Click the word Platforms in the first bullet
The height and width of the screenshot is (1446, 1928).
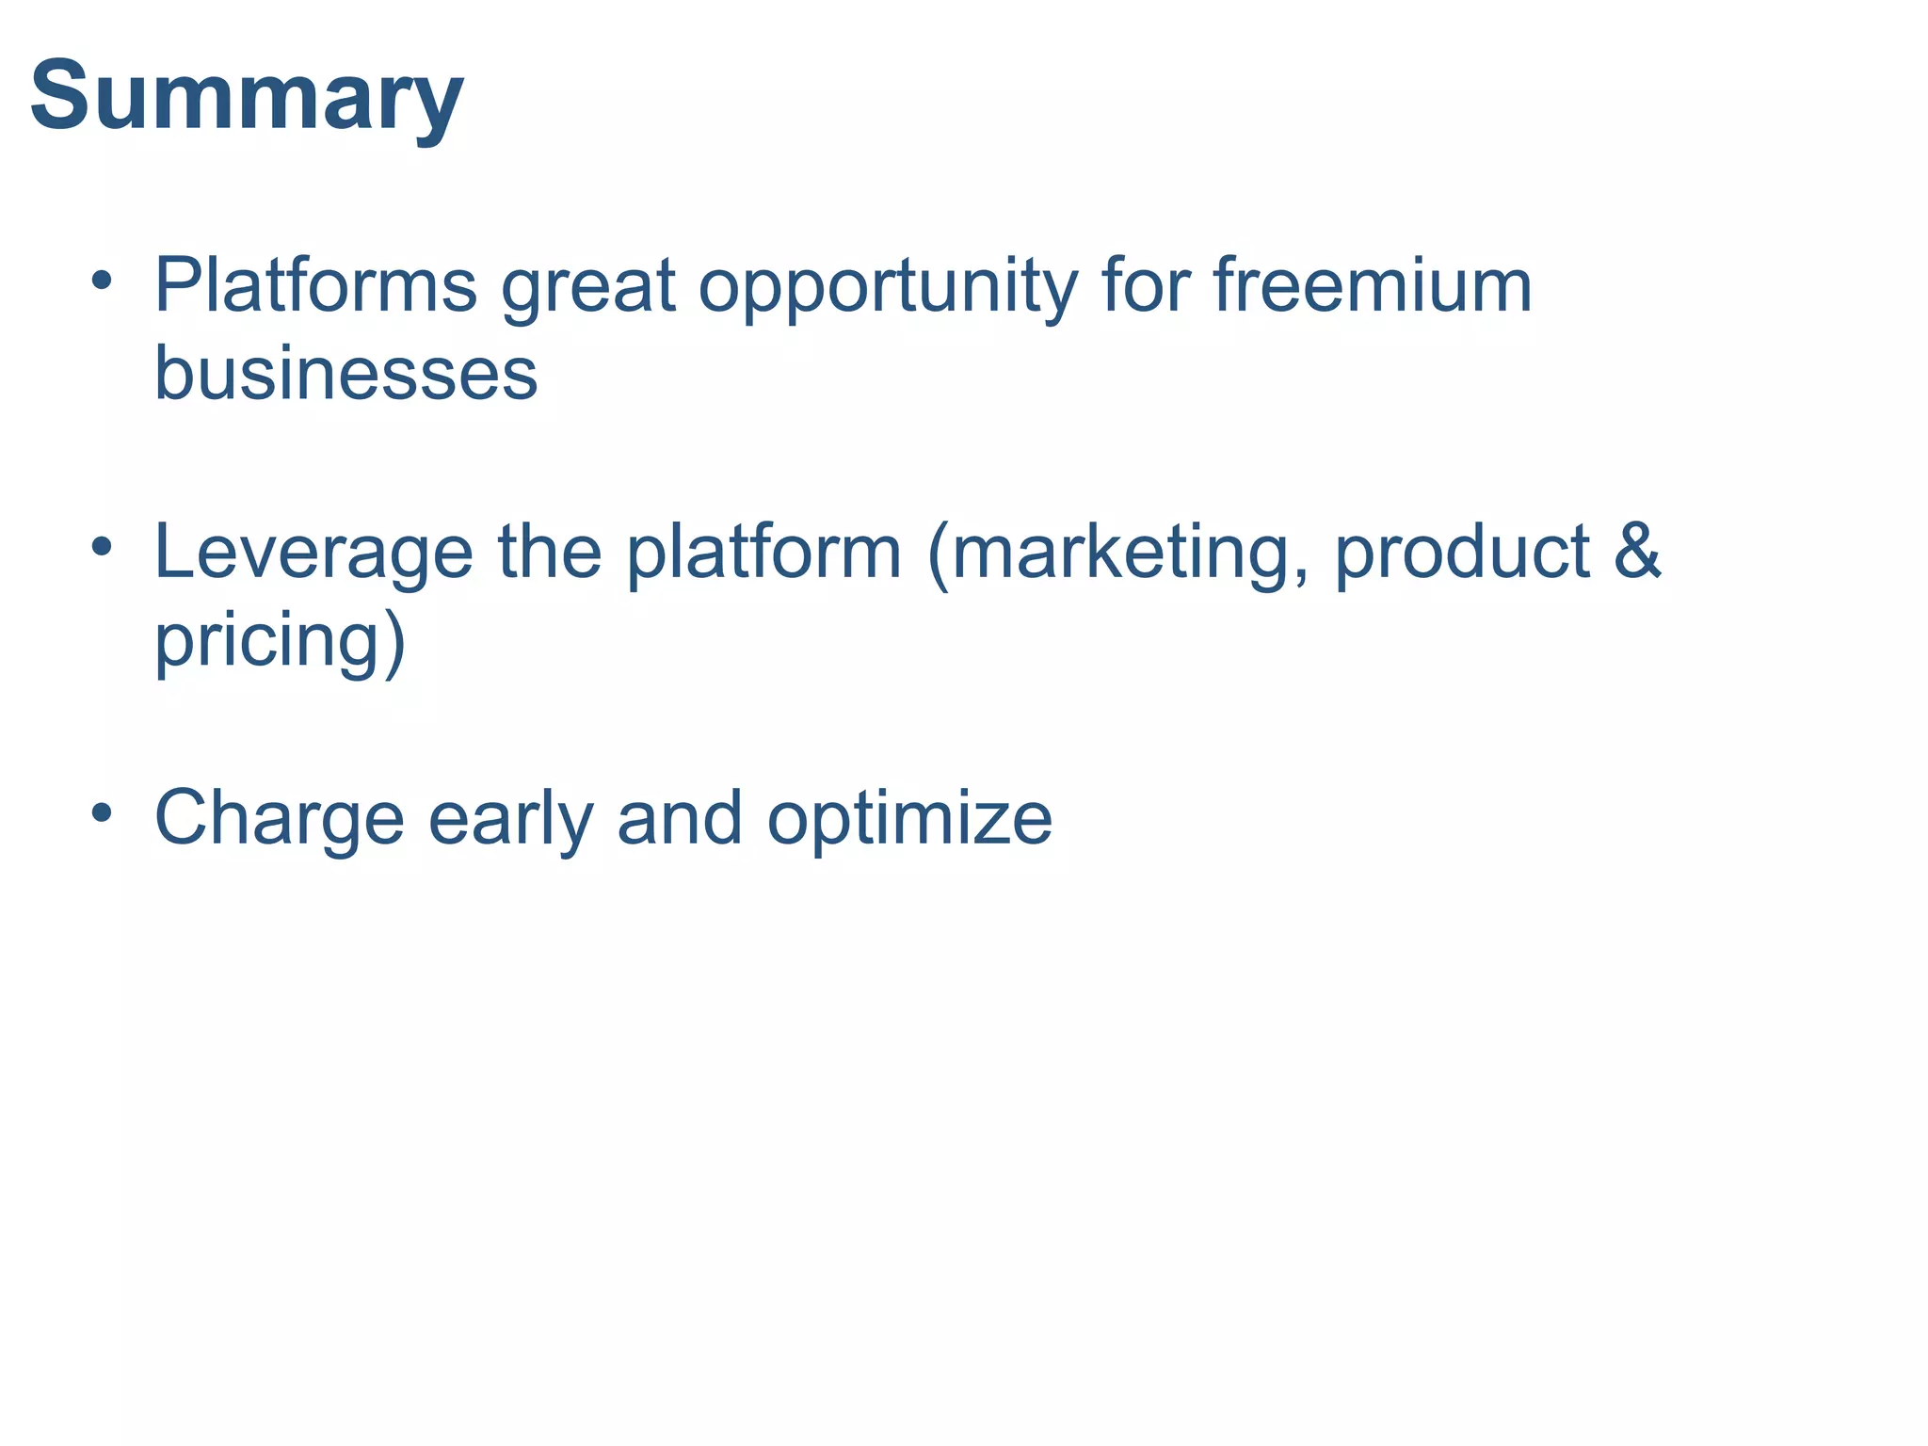(x=315, y=285)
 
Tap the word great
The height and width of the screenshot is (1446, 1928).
(x=587, y=287)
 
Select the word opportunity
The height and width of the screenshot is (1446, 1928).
(x=887, y=287)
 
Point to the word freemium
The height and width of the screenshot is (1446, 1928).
(x=1373, y=285)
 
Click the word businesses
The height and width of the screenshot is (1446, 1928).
(x=345, y=374)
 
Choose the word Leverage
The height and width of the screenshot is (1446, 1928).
(x=313, y=554)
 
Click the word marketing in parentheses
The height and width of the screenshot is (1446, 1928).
(x=1128, y=554)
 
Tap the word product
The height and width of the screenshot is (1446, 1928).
(x=1462, y=554)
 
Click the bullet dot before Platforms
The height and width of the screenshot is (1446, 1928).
(x=103, y=280)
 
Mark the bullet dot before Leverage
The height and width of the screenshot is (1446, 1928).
(x=103, y=545)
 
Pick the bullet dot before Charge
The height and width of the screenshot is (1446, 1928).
(x=103, y=811)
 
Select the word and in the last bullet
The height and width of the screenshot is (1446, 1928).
(x=680, y=819)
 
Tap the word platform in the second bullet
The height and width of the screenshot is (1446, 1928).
(x=764, y=554)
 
